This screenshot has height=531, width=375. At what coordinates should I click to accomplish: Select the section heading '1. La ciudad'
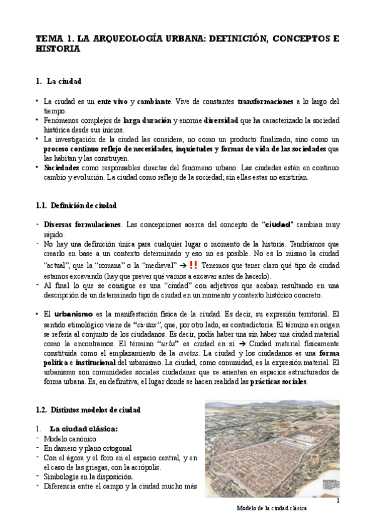(x=59, y=81)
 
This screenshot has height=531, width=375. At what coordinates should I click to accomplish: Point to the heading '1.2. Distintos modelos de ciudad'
(x=88, y=409)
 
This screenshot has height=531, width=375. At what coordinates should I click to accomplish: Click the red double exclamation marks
(x=193, y=265)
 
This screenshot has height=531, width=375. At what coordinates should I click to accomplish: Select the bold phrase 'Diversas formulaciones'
(x=82, y=224)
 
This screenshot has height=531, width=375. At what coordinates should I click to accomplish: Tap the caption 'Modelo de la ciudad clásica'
(x=272, y=508)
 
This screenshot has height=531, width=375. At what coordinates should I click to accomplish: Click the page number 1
(x=337, y=500)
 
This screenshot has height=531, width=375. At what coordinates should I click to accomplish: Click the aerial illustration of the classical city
(x=272, y=449)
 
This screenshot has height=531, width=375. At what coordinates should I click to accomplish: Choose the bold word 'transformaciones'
(x=265, y=101)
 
